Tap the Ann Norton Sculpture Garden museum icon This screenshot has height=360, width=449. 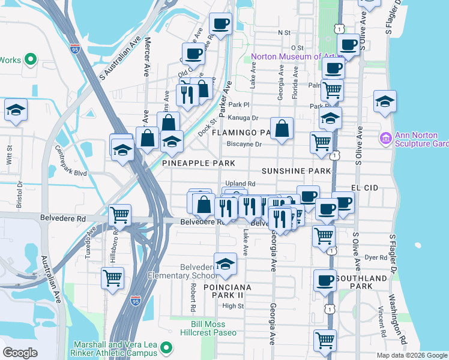pos(385,139)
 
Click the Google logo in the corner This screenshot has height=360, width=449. pos(20,353)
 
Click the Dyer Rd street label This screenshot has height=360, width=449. pos(376,257)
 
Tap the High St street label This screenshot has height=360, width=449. pos(233,306)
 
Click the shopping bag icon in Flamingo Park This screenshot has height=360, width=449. pos(282,128)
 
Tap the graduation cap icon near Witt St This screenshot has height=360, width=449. pos(16,110)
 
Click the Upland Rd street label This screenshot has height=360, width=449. pos(241,184)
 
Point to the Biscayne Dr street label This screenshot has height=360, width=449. pos(245,144)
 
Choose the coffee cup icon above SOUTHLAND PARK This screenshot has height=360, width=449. pos(325,280)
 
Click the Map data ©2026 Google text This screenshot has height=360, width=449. pos(411,355)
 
